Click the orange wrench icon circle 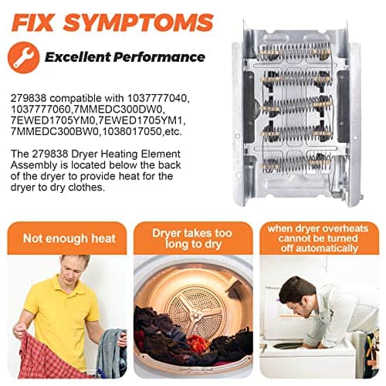tap(24, 57)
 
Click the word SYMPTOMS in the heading tap(139, 22)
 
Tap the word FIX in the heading tap(32, 22)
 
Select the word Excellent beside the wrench tap(78, 57)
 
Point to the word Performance tap(159, 57)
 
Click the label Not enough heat tap(69, 239)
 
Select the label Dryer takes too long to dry tap(192, 239)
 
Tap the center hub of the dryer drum tap(195, 314)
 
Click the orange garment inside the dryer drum tap(198, 343)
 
